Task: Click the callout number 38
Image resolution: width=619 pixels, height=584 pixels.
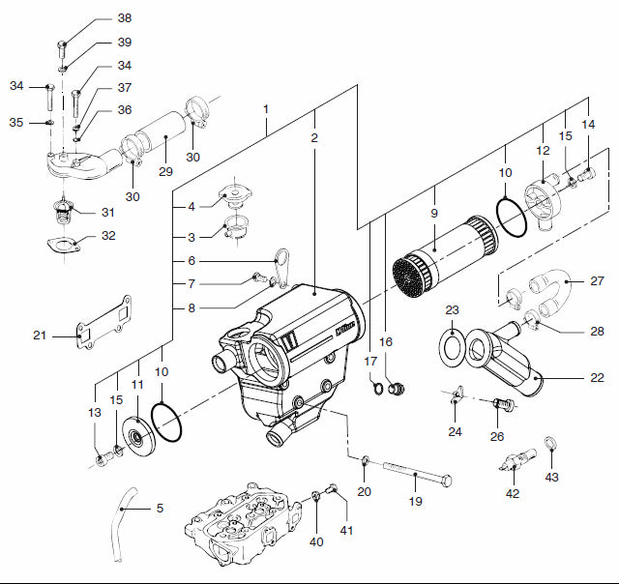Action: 125,18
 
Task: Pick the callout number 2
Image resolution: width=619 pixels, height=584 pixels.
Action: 314,137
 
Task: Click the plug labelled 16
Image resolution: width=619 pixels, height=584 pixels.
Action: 393,390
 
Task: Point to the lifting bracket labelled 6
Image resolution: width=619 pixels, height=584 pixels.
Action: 280,267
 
